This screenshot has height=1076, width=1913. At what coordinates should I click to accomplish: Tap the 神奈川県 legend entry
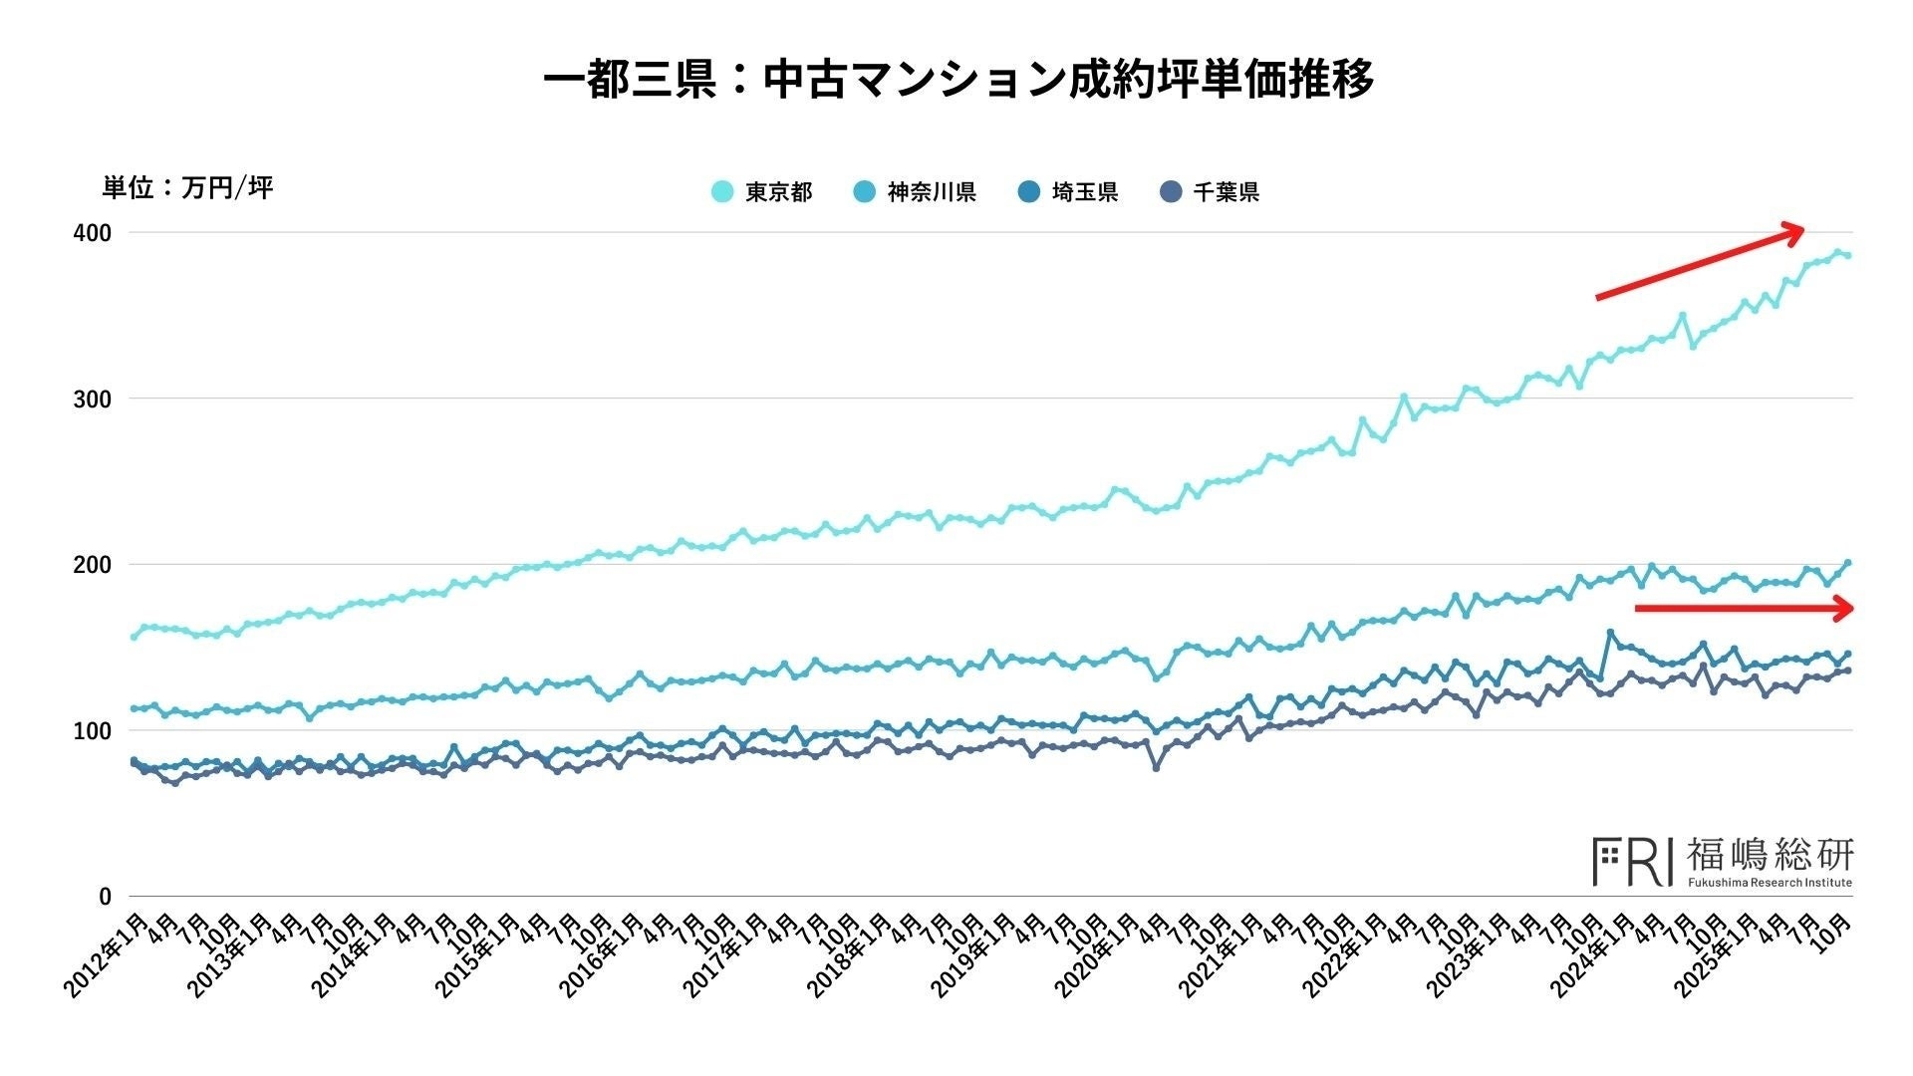pos(916,192)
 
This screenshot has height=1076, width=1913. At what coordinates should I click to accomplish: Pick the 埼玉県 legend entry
pos(1069,192)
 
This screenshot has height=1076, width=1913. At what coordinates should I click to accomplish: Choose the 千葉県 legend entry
pos(1211,192)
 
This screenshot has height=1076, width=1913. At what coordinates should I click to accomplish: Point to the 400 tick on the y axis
pos(92,233)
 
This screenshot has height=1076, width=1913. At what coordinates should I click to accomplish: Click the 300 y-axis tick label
pos(92,399)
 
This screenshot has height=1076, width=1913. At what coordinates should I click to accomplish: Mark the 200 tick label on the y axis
pos(92,565)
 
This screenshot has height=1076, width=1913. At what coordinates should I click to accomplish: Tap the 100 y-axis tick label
pos(92,730)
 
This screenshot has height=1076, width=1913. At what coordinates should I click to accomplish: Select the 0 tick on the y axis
pos(105,897)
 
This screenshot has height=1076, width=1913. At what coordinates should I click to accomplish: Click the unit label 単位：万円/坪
pos(187,187)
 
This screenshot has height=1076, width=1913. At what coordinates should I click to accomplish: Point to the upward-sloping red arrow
pos(1700,264)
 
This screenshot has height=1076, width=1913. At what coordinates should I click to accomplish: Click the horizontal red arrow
pos(1744,608)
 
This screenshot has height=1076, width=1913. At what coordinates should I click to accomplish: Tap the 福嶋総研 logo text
pos(1770,856)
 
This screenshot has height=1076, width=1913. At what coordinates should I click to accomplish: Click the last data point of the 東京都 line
pos(1848,256)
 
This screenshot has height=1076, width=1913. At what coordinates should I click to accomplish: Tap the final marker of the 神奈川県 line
pos(1848,563)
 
